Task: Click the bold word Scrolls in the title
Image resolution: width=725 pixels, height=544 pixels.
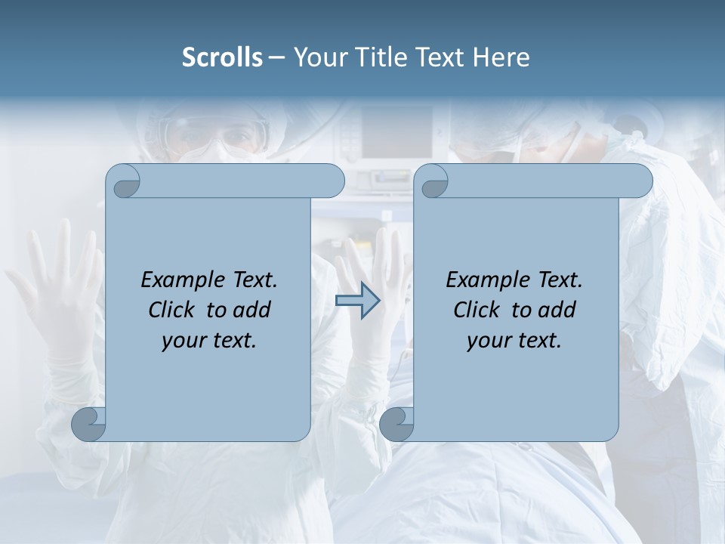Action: coord(223,57)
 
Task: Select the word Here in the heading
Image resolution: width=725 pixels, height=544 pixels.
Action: coord(501,57)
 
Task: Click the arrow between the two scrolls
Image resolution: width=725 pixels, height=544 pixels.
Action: coord(357,301)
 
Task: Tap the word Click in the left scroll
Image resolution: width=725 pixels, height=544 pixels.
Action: coord(174,310)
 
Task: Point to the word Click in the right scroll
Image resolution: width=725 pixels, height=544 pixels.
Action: coord(480,310)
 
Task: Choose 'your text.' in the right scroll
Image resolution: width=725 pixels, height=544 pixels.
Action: coord(514,340)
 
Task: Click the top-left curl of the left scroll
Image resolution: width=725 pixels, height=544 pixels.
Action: coord(124,181)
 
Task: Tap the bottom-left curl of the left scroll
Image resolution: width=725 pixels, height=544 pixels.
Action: coord(89,424)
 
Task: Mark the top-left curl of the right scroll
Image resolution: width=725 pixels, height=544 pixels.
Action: coord(433,181)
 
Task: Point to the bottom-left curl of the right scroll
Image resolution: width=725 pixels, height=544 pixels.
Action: coord(396,424)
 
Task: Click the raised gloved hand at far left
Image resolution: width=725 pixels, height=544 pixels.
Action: coord(53,295)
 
